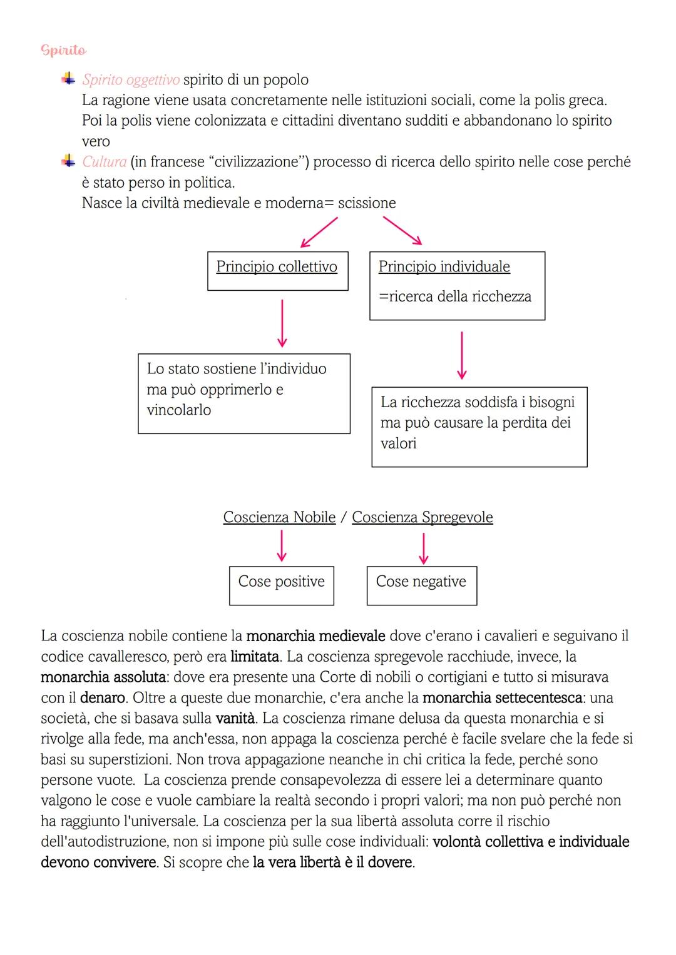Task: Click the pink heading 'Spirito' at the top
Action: (x=63, y=50)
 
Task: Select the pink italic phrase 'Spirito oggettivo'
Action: (x=131, y=80)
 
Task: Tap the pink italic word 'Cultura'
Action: (x=105, y=162)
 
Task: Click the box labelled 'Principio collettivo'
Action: (x=277, y=271)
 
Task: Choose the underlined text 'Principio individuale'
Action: (x=444, y=267)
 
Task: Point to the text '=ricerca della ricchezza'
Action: (x=455, y=296)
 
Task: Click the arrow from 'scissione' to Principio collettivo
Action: (x=319, y=232)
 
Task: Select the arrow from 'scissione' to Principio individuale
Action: (x=402, y=231)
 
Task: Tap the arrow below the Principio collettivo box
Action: (x=282, y=323)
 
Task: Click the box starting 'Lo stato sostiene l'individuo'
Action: (x=243, y=393)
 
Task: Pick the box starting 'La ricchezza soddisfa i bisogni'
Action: (x=479, y=427)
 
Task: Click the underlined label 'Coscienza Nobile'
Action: (x=279, y=517)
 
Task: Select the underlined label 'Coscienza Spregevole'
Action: (x=422, y=517)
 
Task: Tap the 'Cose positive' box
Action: (x=281, y=585)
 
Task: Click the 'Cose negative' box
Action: (x=421, y=585)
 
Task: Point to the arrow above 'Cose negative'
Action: (x=423, y=548)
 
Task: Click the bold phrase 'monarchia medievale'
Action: (x=315, y=636)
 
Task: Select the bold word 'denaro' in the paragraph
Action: (x=103, y=698)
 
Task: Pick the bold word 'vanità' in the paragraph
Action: (x=235, y=719)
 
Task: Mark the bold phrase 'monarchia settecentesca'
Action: (x=502, y=698)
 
